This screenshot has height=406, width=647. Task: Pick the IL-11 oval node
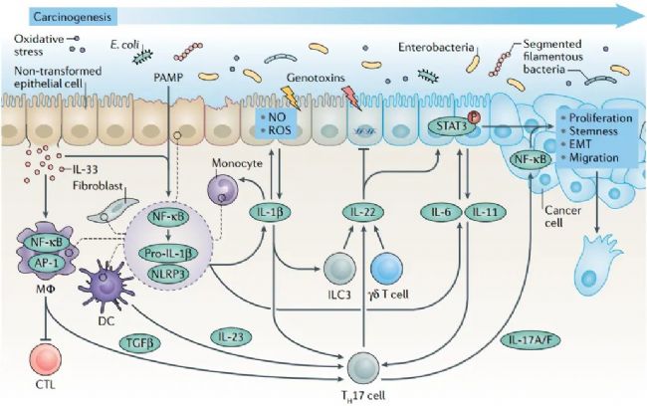[x=487, y=211]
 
